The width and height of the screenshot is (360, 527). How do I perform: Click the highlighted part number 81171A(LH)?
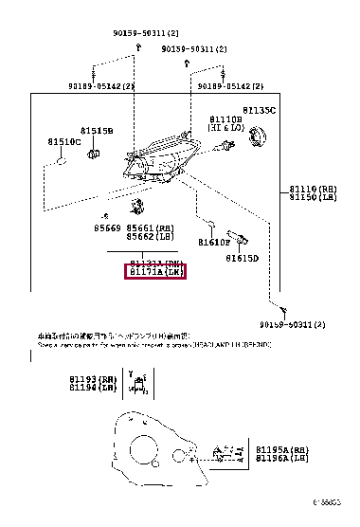point(155,273)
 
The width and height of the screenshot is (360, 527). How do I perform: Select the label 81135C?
point(258,111)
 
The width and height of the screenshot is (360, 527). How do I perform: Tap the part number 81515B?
point(96,130)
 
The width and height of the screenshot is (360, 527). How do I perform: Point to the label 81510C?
point(64,141)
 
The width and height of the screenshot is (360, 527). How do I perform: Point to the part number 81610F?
point(214,242)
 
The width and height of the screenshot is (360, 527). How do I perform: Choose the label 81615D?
point(242,258)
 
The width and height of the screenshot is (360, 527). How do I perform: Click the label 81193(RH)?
point(90,379)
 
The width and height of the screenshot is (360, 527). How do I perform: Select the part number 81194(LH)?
point(90,388)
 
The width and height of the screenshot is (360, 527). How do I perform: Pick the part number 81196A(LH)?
point(281,458)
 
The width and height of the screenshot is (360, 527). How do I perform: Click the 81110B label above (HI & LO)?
point(226,120)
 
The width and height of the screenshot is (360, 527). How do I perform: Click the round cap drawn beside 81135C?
point(255,138)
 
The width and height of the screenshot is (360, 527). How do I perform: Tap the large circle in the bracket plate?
point(144,452)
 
